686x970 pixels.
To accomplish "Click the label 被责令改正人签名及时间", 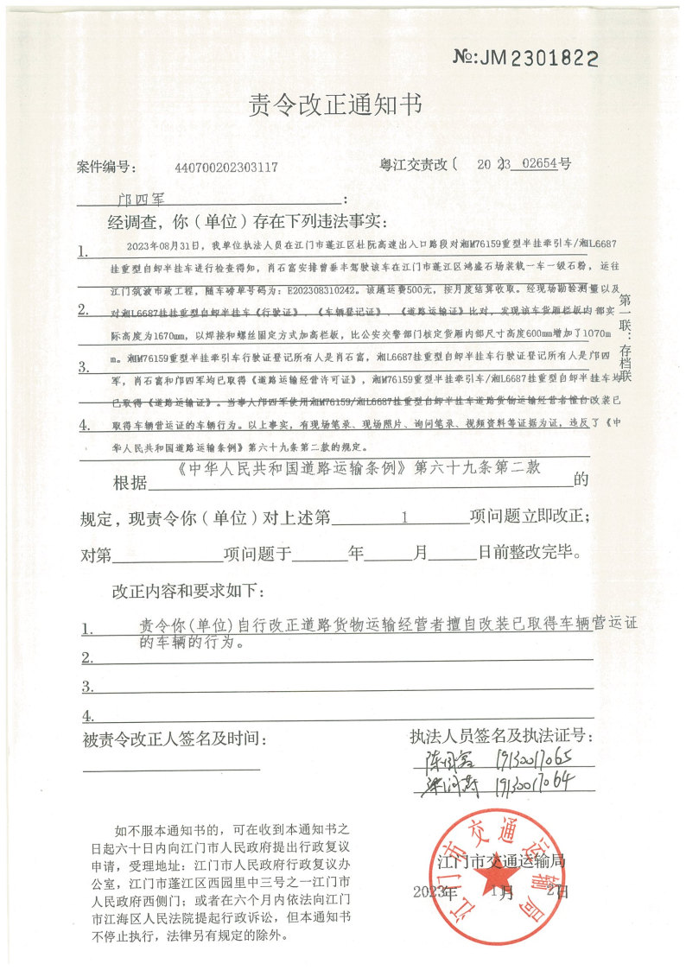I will (x=175, y=739).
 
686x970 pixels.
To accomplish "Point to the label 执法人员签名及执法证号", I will (x=502, y=737).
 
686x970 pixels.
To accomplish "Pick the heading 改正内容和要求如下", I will (x=189, y=593).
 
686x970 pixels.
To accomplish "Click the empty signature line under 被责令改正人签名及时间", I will (x=171, y=768).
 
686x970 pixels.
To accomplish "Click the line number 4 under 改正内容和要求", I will (x=86, y=716).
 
